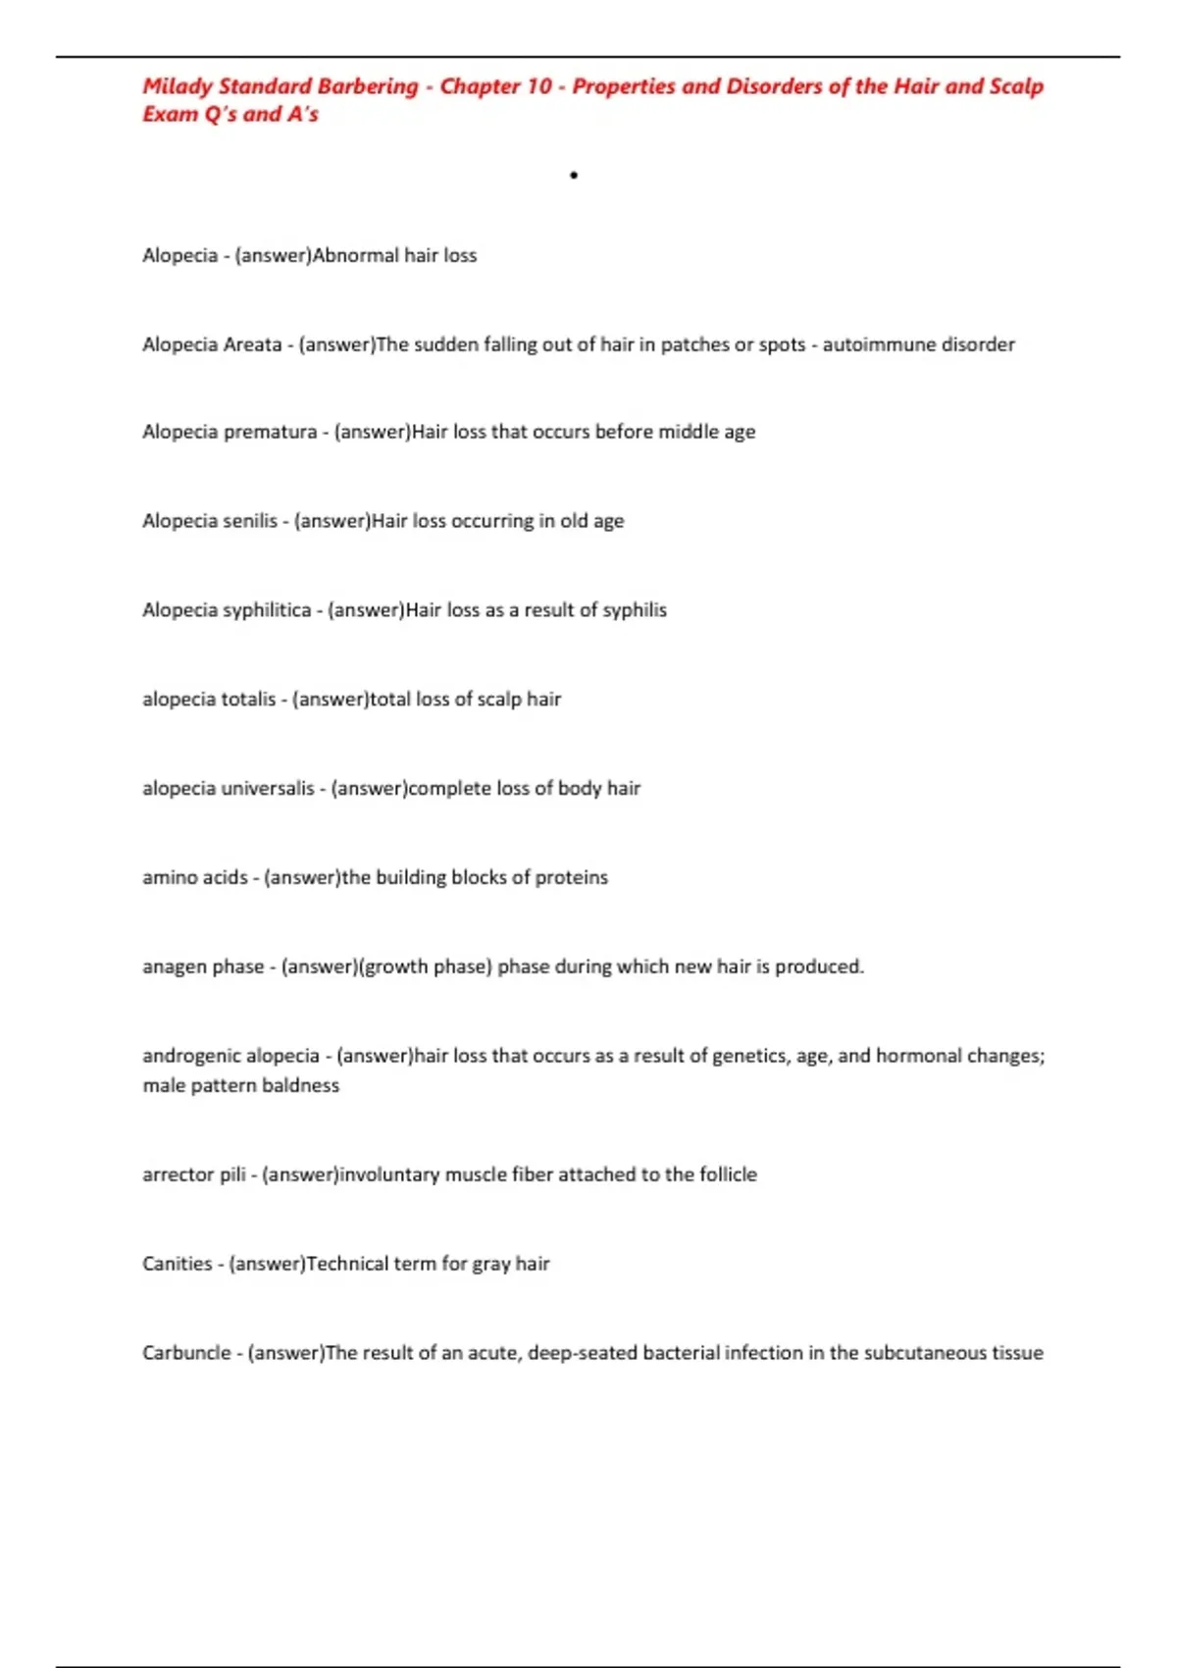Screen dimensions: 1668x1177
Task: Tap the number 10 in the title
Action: (539, 86)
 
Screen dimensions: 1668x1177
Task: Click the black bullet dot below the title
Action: (574, 176)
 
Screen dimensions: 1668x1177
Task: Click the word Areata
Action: (252, 344)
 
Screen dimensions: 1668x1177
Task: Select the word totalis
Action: (249, 700)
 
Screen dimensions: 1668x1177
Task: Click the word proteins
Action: (571, 877)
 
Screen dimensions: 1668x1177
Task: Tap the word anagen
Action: (174, 966)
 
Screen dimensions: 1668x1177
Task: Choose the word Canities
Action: (177, 1264)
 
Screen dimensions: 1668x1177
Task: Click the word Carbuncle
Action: (186, 1353)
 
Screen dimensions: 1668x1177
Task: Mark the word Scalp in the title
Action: (1016, 86)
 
